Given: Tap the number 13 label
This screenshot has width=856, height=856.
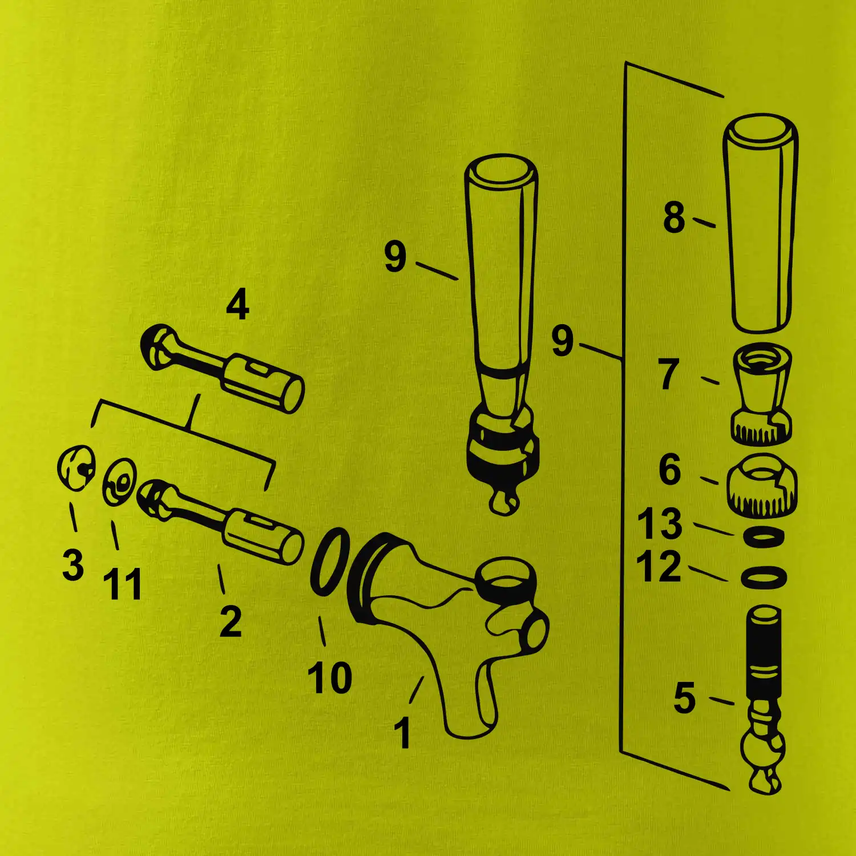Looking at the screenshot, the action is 660,523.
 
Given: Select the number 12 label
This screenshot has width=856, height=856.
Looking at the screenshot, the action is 659,567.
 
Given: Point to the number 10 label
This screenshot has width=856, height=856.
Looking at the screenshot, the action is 330,678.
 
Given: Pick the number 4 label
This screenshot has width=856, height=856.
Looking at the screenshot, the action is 238,305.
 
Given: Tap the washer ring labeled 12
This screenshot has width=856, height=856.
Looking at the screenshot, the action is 764,577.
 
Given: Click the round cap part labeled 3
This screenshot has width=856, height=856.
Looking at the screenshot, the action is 76,467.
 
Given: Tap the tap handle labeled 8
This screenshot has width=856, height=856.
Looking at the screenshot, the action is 761,224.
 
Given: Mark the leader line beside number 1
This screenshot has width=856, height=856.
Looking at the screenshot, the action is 416,690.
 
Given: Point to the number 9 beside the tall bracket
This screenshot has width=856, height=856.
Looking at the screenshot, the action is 562,341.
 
